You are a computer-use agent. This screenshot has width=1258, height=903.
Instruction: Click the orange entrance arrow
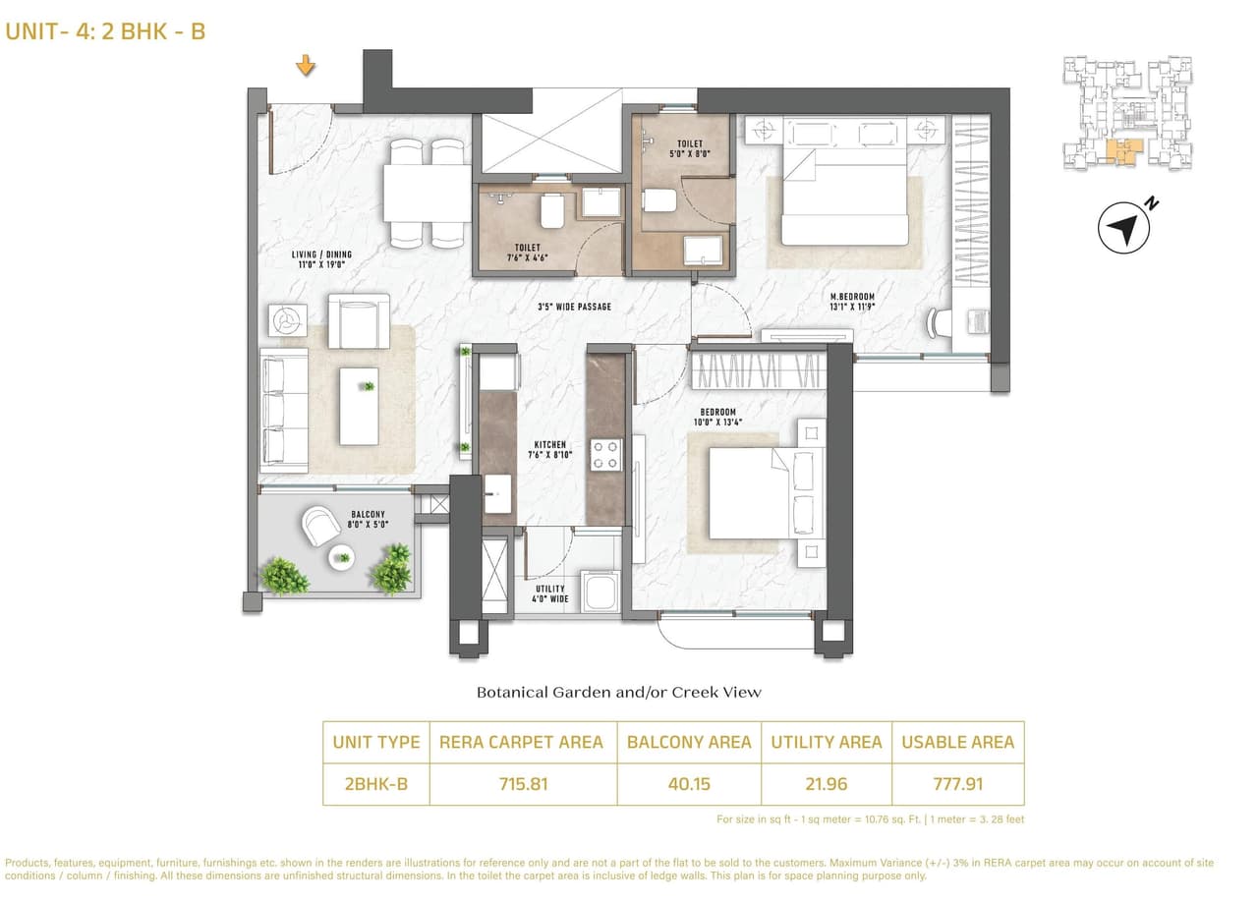(307, 67)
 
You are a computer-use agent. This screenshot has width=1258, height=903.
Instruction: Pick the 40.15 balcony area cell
(688, 784)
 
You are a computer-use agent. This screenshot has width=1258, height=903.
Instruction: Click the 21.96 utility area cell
(826, 784)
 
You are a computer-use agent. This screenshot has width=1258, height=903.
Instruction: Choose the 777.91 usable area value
(957, 784)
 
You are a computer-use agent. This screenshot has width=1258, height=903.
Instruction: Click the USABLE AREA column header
(957, 742)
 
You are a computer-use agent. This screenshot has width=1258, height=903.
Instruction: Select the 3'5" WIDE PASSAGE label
(574, 307)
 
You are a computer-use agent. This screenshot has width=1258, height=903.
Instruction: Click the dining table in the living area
(427, 193)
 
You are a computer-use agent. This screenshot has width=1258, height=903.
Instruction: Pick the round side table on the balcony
(341, 558)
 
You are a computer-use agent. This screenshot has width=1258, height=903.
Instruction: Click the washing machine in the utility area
(599, 592)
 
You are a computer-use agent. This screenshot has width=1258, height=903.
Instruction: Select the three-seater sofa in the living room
(283, 409)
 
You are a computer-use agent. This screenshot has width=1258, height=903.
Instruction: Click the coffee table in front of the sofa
(359, 405)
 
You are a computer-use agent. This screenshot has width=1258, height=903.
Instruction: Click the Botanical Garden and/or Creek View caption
(618, 692)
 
